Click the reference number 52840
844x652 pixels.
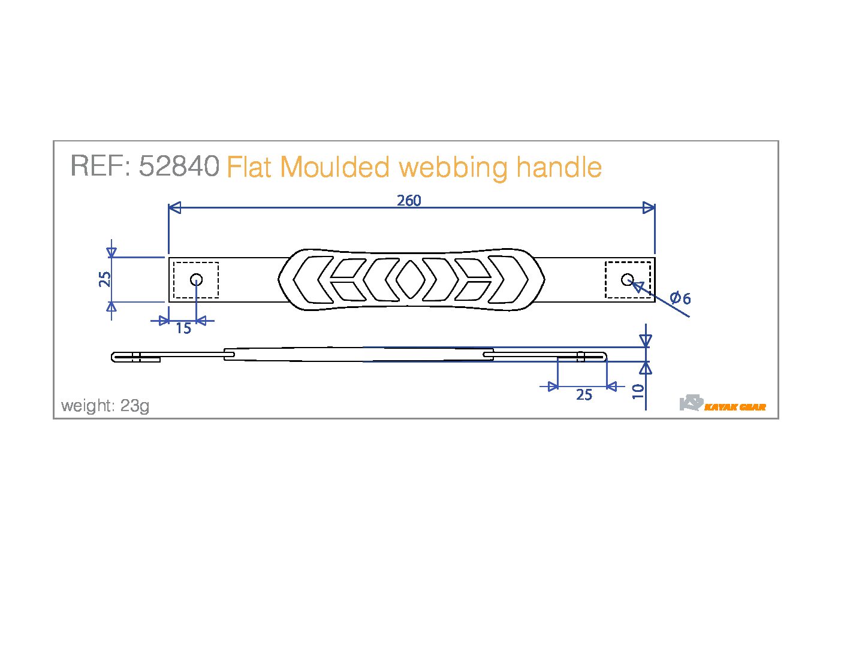(179, 166)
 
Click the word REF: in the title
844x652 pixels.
(100, 166)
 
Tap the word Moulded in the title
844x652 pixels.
(334, 167)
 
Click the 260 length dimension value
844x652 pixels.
(409, 201)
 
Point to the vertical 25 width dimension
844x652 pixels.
(105, 279)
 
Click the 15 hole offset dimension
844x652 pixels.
(183, 328)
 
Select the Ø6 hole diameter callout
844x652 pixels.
(680, 298)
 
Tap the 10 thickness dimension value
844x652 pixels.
(638, 391)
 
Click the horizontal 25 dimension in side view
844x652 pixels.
(584, 395)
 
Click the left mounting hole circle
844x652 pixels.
(196, 279)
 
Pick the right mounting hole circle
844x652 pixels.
(628, 279)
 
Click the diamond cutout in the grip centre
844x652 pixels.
(411, 279)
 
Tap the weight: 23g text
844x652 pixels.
(106, 406)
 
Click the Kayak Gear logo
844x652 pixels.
(722, 404)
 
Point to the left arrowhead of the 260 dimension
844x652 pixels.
(174, 208)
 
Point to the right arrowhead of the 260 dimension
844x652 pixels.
(649, 208)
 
